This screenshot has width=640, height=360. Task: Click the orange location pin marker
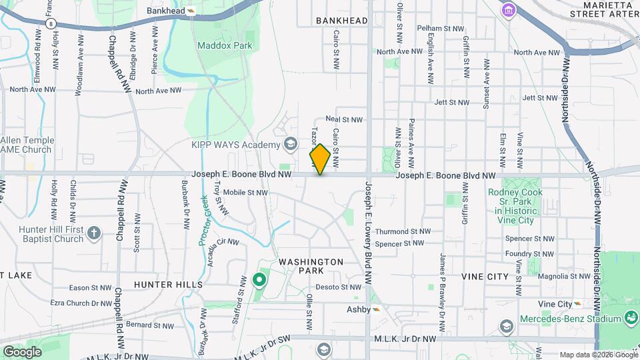point(320,159)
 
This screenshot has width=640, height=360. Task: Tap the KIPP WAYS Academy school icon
point(291,143)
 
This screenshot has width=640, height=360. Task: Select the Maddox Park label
point(225,45)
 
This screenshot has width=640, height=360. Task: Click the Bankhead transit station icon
point(191,11)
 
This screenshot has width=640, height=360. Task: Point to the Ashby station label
point(358,309)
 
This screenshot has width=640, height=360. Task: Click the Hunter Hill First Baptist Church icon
point(94,233)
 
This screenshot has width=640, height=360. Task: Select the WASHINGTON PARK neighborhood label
point(311,266)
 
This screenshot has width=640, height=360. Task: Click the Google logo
point(22,351)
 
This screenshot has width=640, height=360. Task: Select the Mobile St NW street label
point(245,193)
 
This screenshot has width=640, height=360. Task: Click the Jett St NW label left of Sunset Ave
point(451,103)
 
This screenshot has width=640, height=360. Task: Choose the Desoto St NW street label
point(337,287)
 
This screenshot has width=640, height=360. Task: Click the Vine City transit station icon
point(577,305)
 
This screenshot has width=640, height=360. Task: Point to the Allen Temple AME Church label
point(27,145)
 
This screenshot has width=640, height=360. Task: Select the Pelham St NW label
point(440,28)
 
